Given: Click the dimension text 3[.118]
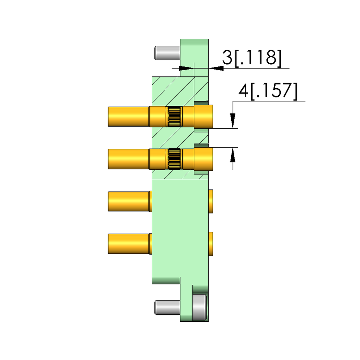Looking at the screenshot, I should (x=252, y=58).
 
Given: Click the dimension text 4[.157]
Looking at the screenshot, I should (x=268, y=91).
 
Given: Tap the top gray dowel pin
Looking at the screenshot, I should (x=168, y=52).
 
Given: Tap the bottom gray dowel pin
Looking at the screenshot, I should (x=168, y=307).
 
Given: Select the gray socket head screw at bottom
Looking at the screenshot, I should (x=199, y=307).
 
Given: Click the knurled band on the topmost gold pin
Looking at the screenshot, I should (x=174, y=116).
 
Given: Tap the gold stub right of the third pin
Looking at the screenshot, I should (x=211, y=201).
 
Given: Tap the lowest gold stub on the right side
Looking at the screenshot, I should (x=211, y=244).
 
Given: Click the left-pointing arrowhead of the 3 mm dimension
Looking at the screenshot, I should (x=216, y=68).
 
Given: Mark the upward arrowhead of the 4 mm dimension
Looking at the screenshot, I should (x=233, y=155).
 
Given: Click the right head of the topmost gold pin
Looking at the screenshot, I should (x=203, y=116).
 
